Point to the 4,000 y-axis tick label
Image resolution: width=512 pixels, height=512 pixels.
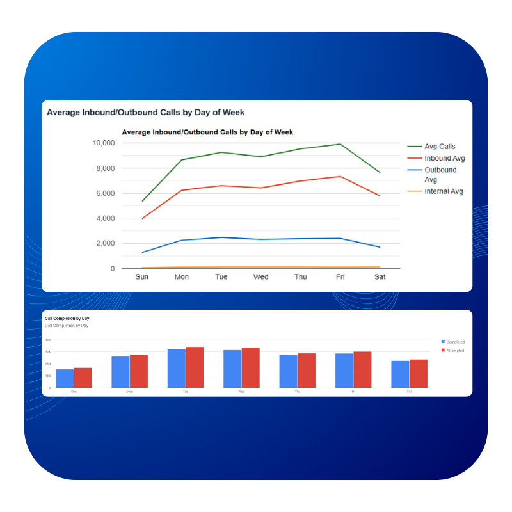click(105, 218)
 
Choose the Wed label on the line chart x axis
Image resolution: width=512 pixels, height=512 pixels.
click(260, 277)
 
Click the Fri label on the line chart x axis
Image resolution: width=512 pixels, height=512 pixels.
click(340, 277)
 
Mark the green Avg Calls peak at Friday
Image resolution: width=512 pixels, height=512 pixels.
click(340, 144)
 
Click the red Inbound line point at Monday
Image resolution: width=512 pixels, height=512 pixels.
click(182, 190)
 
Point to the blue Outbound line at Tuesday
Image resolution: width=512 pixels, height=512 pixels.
click(221, 237)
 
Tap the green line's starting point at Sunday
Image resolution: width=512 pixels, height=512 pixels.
click(142, 201)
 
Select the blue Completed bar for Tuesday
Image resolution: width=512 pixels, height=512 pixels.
click(177, 368)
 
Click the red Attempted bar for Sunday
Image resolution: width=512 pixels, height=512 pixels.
click(83, 378)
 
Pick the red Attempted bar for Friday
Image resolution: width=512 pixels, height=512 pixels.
click(362, 369)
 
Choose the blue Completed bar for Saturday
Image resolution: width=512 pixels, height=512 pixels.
click(400, 374)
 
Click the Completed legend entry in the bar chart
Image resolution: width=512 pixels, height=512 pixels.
click(455, 342)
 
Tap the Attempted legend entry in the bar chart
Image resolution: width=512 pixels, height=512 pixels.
click(455, 350)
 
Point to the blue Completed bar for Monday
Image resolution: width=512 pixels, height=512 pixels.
click(120, 372)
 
